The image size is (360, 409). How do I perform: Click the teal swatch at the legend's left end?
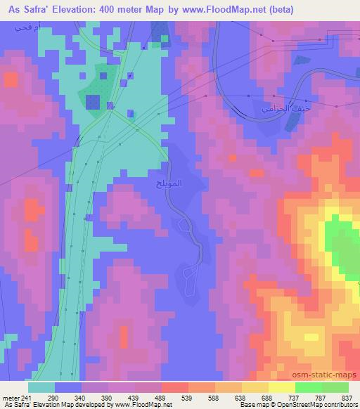click(x=41, y=387)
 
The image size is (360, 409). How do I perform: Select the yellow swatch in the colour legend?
click(x=281, y=387)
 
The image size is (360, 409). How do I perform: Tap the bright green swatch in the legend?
click(x=308, y=387)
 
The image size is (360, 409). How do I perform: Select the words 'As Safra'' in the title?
click(x=27, y=10)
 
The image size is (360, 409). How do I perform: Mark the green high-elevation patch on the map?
click(x=341, y=242)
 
